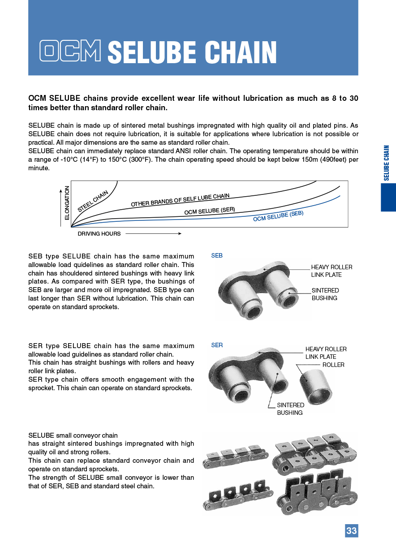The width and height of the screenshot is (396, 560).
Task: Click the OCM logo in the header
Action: [70, 51]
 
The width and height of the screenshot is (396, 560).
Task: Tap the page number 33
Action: [351, 530]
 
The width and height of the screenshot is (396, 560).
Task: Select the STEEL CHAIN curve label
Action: [93, 201]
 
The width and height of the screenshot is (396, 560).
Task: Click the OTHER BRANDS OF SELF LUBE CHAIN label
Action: [180, 200]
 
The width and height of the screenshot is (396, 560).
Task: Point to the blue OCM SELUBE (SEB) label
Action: [278, 216]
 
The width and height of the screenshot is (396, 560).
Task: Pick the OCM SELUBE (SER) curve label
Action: [210, 211]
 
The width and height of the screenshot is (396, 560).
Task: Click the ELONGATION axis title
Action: [67, 202]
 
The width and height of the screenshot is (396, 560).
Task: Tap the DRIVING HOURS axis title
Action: [99, 233]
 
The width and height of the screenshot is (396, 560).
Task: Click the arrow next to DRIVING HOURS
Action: [153, 233]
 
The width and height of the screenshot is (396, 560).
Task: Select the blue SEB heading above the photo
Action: [217, 255]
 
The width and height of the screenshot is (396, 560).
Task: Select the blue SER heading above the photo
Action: [217, 345]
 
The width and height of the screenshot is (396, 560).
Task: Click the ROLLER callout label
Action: [333, 365]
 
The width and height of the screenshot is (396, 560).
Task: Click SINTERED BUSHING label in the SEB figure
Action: [325, 294]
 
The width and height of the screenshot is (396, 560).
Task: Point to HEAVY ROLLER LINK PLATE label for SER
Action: [326, 353]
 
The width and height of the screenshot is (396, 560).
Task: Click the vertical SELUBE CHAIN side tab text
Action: [387, 163]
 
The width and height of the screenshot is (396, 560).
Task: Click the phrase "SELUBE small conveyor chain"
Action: [73, 435]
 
